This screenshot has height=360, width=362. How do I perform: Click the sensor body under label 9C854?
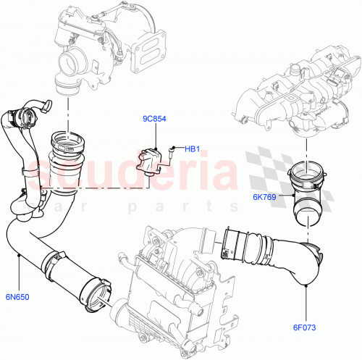pyautogui.click(x=151, y=159)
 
